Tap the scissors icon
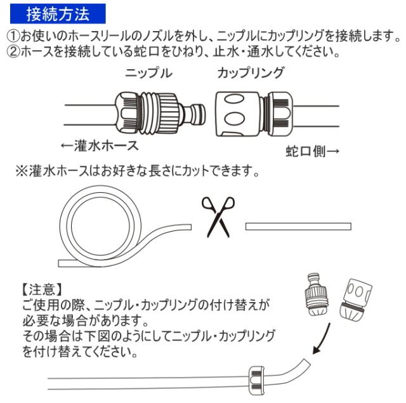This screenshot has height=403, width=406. tap(218, 215)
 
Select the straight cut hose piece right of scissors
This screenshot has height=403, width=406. tap(298, 227)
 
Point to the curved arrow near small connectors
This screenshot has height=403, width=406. tap(323, 340)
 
